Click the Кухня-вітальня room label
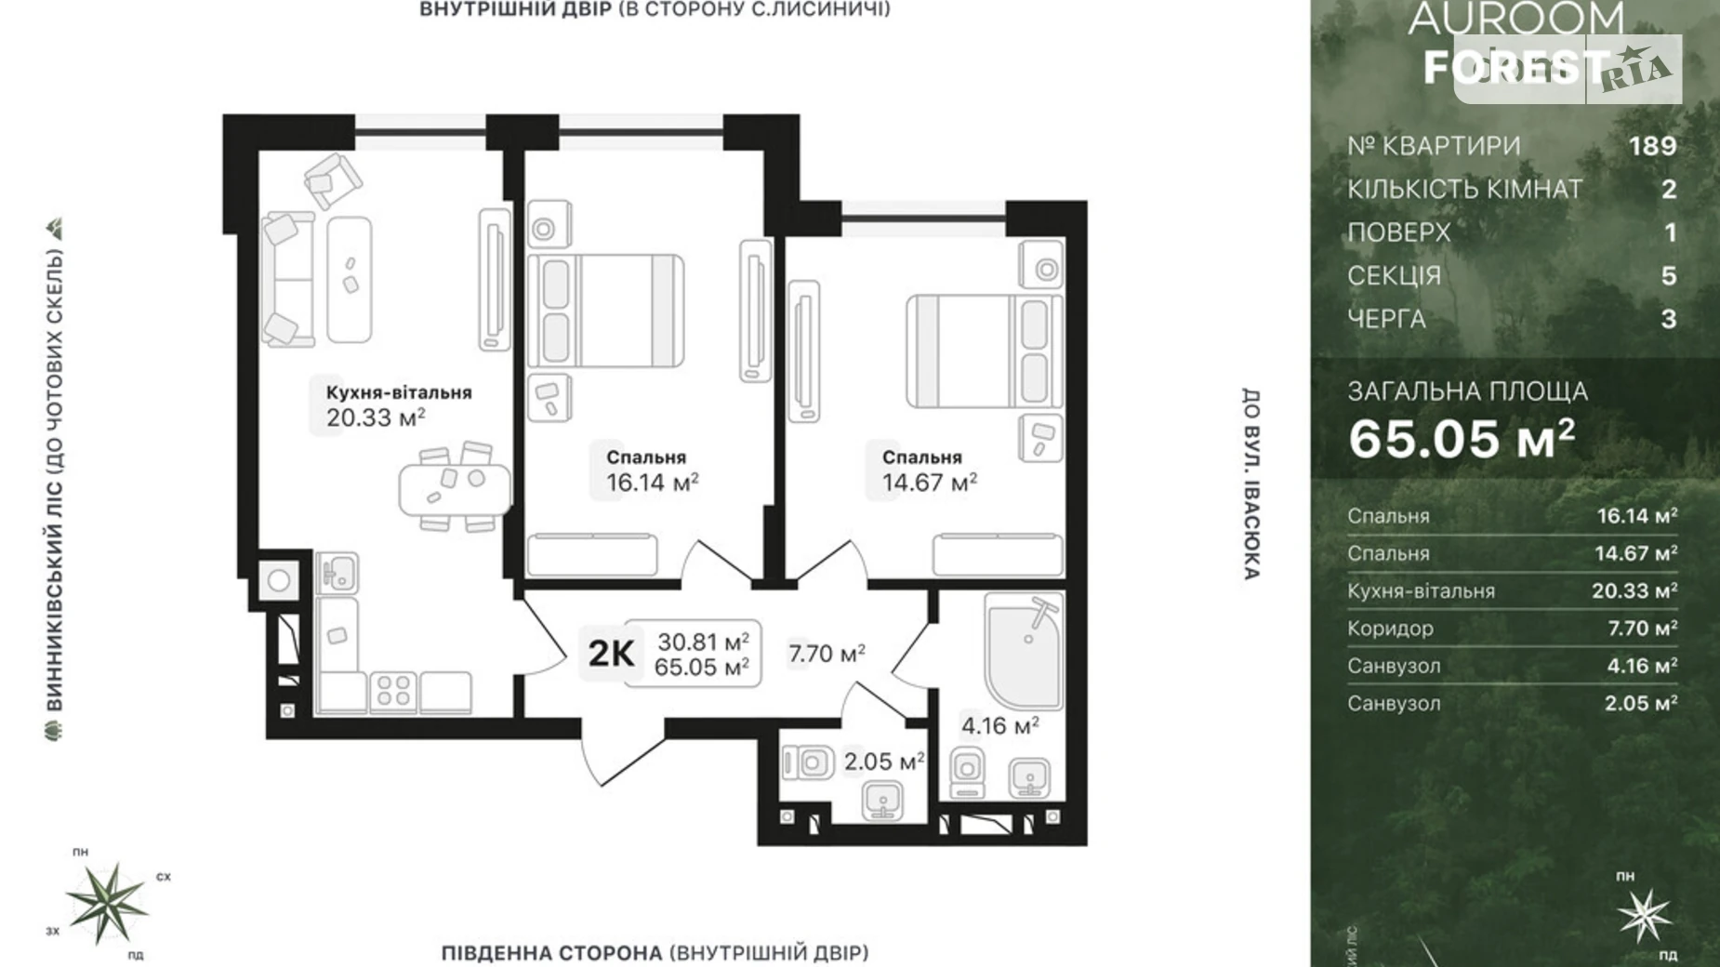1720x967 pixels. pyautogui.click(x=398, y=392)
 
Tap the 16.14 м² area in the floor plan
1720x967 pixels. pyautogui.click(x=652, y=483)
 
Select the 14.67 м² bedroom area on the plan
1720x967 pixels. pyautogui.click(x=929, y=483)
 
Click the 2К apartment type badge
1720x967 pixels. pyautogui.click(x=611, y=654)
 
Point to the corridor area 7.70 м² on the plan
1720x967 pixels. pyautogui.click(x=826, y=654)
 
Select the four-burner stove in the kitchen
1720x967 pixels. pyautogui.click(x=392, y=692)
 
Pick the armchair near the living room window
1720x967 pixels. pyautogui.click(x=332, y=180)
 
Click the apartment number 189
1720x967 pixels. pyautogui.click(x=1652, y=146)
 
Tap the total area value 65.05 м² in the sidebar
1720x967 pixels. pyautogui.click(x=1462, y=439)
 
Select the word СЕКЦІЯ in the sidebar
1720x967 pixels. pyautogui.click(x=1394, y=276)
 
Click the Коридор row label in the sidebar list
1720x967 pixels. pyautogui.click(x=1390, y=629)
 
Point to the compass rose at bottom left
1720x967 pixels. pyautogui.click(x=108, y=902)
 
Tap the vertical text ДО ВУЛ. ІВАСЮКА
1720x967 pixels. pyautogui.click(x=1251, y=483)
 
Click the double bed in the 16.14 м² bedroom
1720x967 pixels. pyautogui.click(x=606, y=311)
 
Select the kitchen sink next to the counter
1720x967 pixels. pyautogui.click(x=337, y=572)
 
